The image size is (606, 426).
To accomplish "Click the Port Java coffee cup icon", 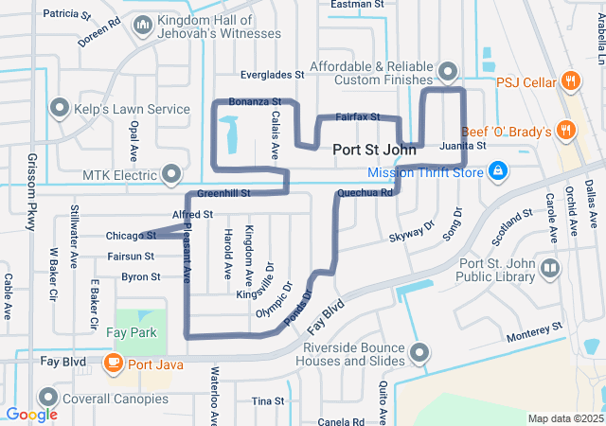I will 114,362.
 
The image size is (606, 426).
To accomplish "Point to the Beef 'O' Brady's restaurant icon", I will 565,130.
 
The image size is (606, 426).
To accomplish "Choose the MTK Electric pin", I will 171,174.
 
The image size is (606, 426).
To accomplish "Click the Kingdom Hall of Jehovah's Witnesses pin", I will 143,26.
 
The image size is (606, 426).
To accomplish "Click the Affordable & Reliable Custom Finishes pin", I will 448,72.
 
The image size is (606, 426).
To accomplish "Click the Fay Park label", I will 132,333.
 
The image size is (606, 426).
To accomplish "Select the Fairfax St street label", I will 357,117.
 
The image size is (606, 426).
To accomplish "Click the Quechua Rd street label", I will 364,193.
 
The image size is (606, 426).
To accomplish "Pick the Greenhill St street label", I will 223,193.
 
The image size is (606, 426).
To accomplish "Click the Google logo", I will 31,415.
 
